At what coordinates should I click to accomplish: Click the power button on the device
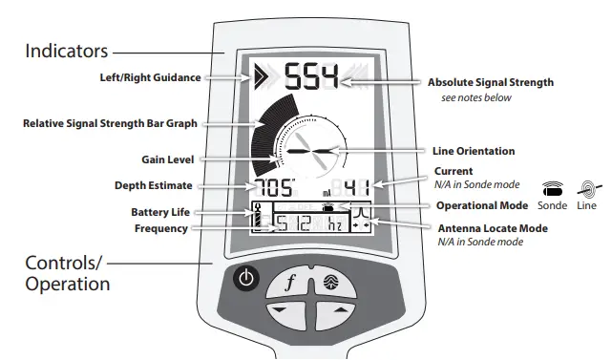pos(246,280)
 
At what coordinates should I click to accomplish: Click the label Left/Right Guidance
pos(150,78)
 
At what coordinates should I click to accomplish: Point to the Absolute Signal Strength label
pos(490,83)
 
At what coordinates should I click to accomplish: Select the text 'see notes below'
pos(475,97)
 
